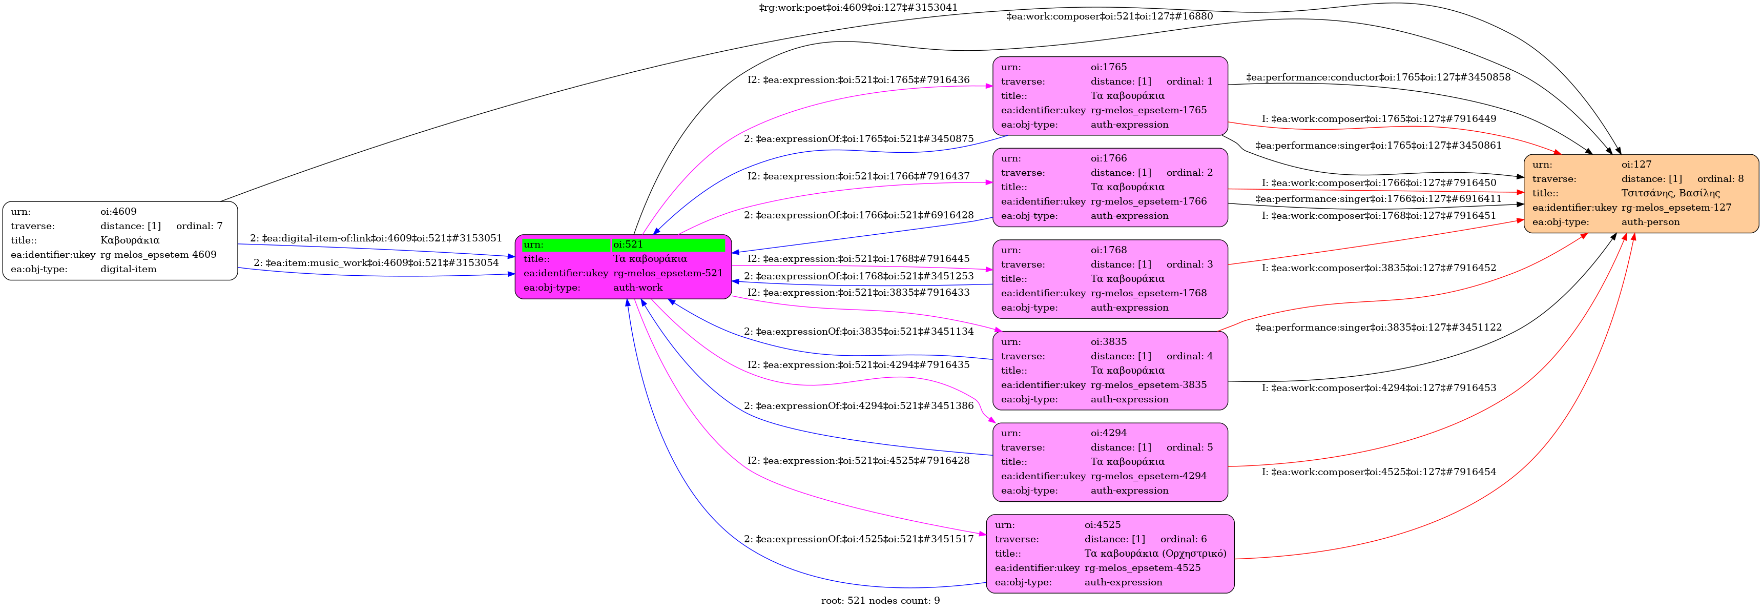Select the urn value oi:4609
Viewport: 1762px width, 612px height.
118,212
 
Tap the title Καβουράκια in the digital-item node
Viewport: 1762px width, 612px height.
130,240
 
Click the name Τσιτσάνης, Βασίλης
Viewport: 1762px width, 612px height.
1670,193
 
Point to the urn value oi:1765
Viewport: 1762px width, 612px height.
1108,67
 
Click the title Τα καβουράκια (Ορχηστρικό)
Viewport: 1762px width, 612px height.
1155,553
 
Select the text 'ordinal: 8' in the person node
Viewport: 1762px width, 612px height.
1720,179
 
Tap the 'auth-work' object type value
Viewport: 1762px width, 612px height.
637,288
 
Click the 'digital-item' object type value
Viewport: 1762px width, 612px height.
129,269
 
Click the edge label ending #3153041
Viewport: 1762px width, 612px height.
858,8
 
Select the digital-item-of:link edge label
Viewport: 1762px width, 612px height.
376,238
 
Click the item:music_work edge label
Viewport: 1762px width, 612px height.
376,263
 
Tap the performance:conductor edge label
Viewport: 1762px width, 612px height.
1378,77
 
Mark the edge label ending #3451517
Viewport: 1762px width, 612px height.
858,539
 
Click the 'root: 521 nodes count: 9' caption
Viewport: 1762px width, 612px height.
880,600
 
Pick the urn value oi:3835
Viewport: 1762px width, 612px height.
1108,341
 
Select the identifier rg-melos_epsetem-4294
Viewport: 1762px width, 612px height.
1148,476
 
